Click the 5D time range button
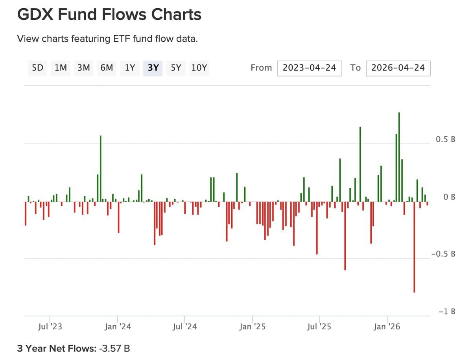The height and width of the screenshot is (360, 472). [37, 68]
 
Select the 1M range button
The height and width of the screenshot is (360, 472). [61, 68]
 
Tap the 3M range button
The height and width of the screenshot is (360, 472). [83, 68]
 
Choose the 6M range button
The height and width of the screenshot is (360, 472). [107, 68]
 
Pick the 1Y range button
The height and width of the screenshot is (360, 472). [130, 68]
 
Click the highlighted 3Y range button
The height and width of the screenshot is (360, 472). [153, 68]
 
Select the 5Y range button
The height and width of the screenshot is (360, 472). [176, 68]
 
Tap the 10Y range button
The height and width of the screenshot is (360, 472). [199, 68]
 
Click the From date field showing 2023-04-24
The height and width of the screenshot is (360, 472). [309, 68]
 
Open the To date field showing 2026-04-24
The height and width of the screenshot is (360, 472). [398, 68]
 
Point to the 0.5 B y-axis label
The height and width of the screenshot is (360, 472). [446, 140]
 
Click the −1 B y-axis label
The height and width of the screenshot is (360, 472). [447, 311]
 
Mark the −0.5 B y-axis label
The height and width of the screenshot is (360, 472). [443, 254]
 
